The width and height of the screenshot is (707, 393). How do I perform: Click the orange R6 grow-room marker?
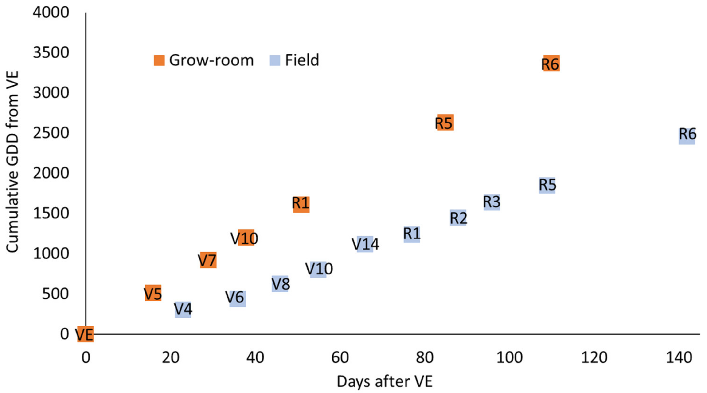click(551, 64)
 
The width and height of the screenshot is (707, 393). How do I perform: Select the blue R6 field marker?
click(687, 136)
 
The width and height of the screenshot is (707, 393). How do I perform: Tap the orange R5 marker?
click(445, 123)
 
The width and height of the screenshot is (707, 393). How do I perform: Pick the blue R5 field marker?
click(547, 185)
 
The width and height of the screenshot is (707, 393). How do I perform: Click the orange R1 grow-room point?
click(301, 205)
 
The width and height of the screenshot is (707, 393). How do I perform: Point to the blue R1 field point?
click(412, 234)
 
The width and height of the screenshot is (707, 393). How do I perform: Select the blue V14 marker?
click(365, 244)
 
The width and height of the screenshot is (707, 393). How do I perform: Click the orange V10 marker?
click(246, 237)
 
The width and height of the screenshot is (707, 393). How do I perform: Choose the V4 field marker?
click(183, 310)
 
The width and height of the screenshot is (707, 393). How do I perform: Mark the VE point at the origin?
click(85, 334)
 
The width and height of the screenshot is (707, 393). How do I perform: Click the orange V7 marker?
click(208, 260)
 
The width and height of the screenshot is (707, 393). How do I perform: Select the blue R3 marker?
click(492, 202)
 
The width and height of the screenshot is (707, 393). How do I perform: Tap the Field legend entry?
click(294, 60)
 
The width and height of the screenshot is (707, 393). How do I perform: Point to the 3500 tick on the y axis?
click(51, 52)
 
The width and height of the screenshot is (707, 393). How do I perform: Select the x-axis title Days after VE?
click(384, 381)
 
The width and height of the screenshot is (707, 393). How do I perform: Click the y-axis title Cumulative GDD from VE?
click(12, 162)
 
